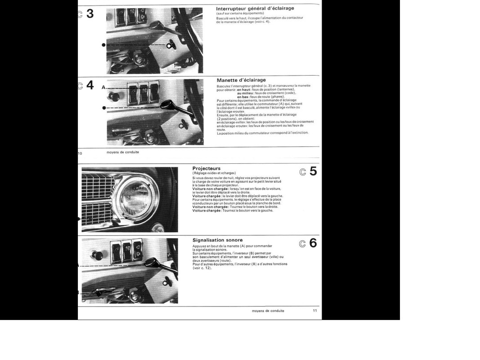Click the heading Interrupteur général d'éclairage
tap(255, 8)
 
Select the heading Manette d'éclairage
tap(241, 80)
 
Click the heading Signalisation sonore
tap(217, 240)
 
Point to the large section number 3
tap(90, 14)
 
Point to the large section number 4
tap(90, 85)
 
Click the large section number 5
tap(313, 171)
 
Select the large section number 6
tap(313, 243)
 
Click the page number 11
tap(315, 310)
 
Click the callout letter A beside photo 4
tap(103, 87)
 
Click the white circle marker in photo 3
tap(169, 45)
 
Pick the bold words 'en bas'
tap(243, 96)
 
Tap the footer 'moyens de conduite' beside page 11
tap(268, 310)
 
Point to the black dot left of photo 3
tap(103, 45)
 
